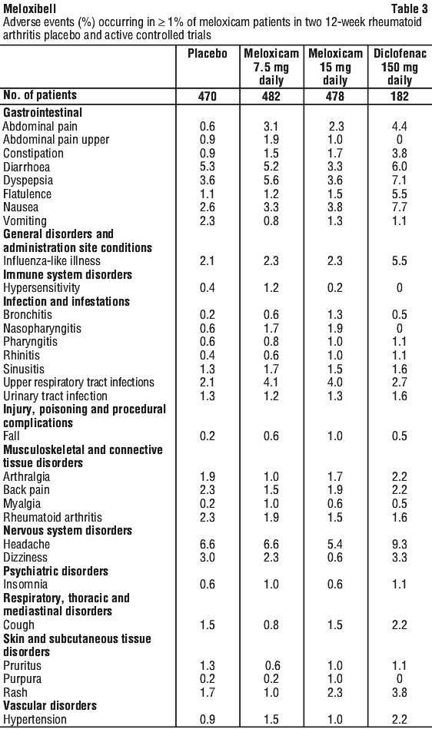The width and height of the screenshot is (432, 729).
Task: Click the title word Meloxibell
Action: coord(29,8)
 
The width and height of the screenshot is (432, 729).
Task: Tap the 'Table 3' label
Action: coord(409,8)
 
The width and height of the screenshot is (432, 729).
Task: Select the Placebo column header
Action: coord(208,54)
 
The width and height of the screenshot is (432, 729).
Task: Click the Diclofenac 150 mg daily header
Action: coord(400,67)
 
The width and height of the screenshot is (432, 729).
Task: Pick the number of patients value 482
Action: coord(271,96)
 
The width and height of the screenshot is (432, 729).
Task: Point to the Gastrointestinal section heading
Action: coord(43,112)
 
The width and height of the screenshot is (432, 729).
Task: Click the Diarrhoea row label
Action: coord(26,167)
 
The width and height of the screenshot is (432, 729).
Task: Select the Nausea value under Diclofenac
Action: coord(400,207)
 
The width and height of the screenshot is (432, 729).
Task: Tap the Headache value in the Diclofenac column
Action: coord(400,544)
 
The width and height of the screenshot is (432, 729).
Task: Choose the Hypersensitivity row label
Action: coord(42,288)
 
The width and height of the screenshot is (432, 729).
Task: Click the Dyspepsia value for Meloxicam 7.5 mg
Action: coord(271,181)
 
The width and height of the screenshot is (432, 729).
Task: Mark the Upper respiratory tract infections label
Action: coord(78,383)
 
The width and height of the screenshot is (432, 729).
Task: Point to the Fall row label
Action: coord(12,436)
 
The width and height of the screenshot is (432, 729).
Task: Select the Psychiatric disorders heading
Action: coord(56,571)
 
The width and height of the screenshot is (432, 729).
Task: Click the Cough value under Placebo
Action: coord(208,625)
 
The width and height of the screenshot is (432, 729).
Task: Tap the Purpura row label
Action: coord(22,679)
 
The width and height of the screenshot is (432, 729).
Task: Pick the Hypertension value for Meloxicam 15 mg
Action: coord(335,719)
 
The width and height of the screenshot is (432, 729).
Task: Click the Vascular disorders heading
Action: coord(50,705)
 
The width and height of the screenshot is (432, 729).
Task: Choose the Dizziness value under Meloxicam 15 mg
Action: coord(335,558)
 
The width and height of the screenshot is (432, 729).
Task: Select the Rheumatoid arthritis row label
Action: coord(52,517)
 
